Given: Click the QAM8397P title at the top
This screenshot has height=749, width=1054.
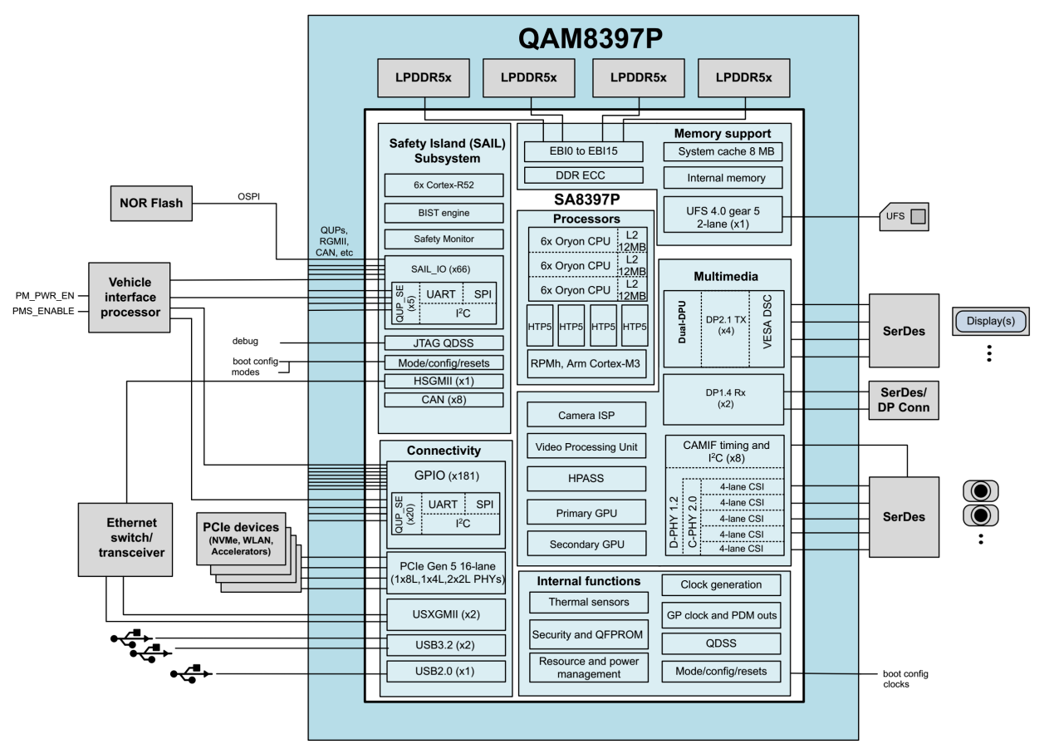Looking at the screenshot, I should coord(583,37).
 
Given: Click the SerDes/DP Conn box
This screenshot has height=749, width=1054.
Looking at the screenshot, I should coord(904,400).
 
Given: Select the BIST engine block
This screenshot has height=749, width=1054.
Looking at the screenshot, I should coord(444,213).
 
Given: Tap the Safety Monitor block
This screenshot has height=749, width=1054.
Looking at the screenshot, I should coord(444,239).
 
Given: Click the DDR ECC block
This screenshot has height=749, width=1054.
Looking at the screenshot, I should coord(585,175).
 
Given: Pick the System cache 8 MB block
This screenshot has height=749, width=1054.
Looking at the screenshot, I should coord(723,152).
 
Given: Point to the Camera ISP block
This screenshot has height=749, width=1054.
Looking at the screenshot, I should coord(586,414).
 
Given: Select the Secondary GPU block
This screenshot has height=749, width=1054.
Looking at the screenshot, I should coord(586,545).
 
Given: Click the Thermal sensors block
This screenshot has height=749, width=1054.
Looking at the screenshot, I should coord(589,602).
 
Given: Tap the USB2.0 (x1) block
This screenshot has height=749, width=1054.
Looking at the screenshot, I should coord(445,672).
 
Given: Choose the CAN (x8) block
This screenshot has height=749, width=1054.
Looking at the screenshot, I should coord(444,400).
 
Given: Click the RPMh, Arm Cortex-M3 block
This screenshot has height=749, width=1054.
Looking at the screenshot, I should coord(586,363).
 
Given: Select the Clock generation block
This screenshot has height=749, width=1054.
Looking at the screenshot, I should coord(722,584).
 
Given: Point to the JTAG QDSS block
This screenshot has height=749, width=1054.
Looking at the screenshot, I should coord(444,342).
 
